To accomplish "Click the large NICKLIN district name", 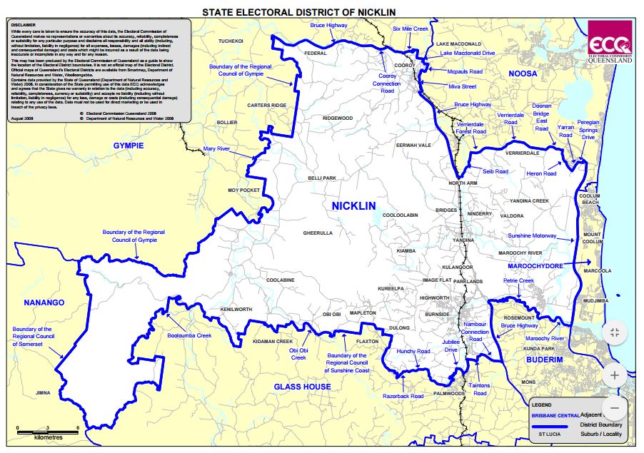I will [353, 206].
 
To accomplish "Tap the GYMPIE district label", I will [129, 146].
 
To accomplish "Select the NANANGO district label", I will [44, 302].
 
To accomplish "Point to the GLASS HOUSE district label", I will [302, 387].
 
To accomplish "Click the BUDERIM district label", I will [545, 361].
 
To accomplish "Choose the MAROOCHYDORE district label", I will [535, 265].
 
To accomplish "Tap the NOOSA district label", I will [523, 74].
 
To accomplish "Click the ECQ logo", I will [609, 41].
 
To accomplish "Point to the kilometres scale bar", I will [47, 432].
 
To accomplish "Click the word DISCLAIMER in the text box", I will [24, 24].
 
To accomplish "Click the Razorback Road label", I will [402, 395].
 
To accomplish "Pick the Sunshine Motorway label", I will [531, 235].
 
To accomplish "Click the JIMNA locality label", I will [43, 392].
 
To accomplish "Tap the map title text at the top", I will [298, 12].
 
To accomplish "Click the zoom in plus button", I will [615, 374].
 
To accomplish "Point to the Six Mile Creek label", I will [410, 29].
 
